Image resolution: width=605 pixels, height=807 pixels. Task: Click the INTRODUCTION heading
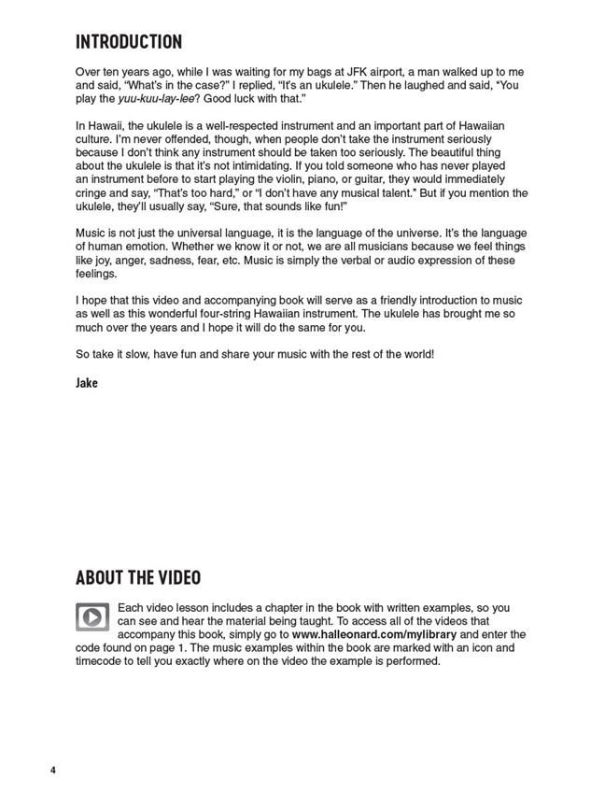[x=128, y=42]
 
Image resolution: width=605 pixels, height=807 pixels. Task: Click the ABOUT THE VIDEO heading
[x=137, y=578]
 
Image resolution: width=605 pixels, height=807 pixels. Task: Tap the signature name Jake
[x=86, y=383]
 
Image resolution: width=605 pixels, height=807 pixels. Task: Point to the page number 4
[x=53, y=770]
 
